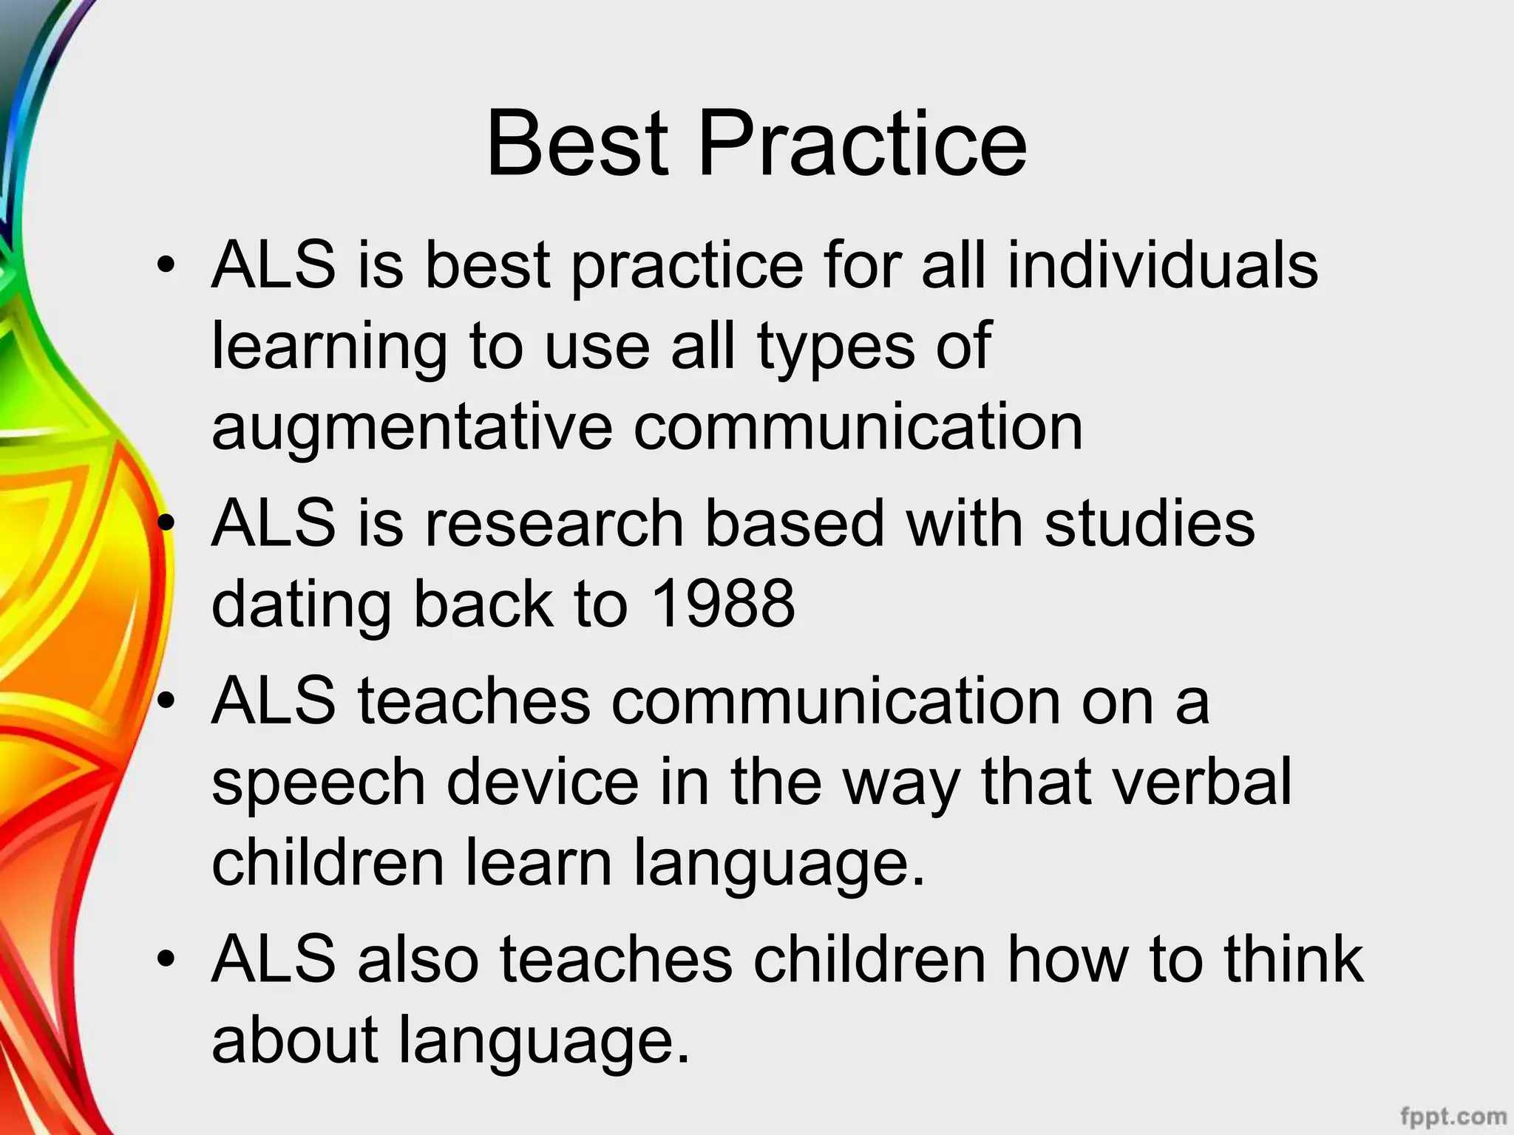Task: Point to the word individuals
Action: (1162, 265)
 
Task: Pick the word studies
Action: (1150, 523)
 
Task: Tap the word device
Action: (543, 782)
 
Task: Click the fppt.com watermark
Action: (1453, 1116)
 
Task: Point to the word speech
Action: (319, 782)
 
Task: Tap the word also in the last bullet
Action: (418, 959)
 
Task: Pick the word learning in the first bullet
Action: (330, 347)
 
